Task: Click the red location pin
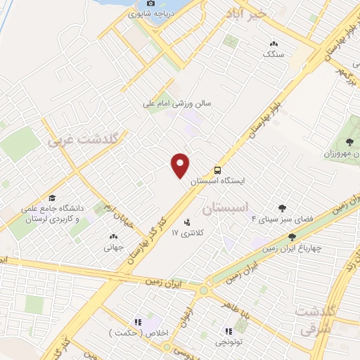tap(181, 166)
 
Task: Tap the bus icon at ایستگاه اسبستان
tap(217, 170)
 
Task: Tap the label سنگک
tap(271, 53)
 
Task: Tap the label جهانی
tap(114, 247)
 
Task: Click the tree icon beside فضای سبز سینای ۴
tap(283, 207)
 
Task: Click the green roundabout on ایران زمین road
tap(204, 289)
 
